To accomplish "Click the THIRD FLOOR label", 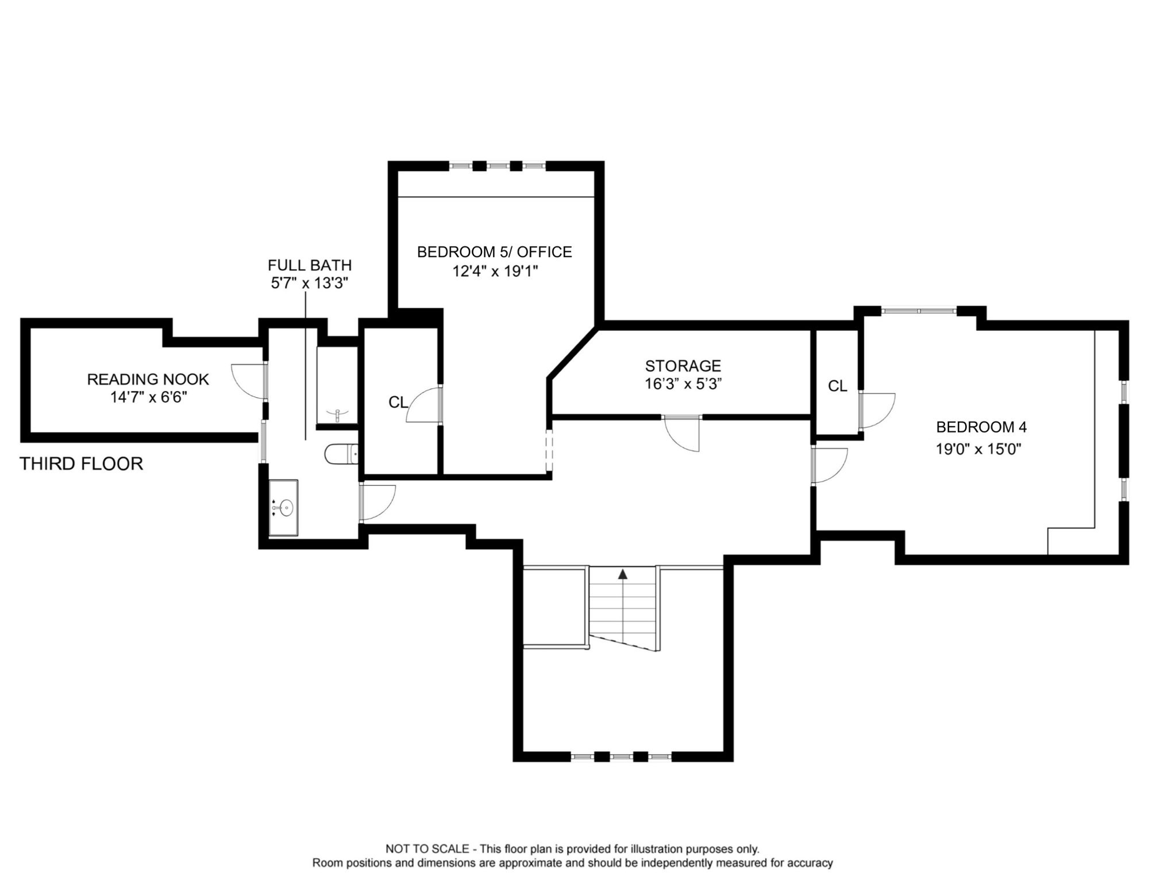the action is pos(81,464).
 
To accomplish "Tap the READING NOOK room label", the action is pos(148,379).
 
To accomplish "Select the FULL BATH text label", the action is pos(310,266).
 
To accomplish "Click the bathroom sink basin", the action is pos(286,508).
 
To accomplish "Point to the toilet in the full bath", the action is pos(341,454).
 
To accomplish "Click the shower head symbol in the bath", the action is pos(338,413).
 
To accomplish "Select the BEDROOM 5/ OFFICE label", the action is pos(495,252).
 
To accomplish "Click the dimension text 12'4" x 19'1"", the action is pos(495,271).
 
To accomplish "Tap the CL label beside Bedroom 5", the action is pos(398,402).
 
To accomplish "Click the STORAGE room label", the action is pos(683,366).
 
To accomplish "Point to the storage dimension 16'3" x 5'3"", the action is pos(684,384).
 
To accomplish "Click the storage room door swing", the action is pos(682,433).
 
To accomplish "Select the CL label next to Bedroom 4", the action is pos(837,386).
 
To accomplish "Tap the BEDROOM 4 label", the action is pos(981,427).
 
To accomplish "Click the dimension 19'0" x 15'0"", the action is pos(978,449).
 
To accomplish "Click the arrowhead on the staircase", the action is pos(622,574).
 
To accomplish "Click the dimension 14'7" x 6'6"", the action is pos(149,397).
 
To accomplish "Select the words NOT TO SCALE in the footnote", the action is pos(427,849).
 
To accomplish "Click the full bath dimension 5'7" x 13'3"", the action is pos(310,283).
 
